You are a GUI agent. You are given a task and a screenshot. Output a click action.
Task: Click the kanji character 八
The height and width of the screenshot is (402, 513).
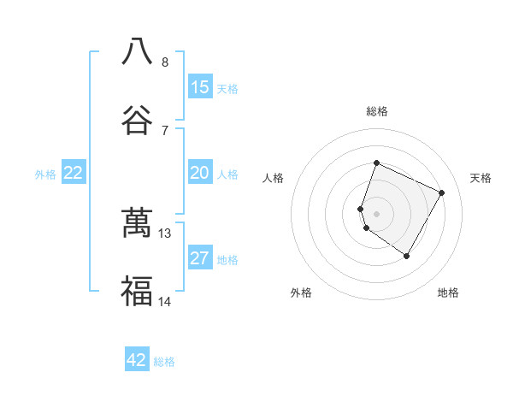click(x=137, y=51)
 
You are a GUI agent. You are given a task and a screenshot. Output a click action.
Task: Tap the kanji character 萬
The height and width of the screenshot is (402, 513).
click(x=137, y=223)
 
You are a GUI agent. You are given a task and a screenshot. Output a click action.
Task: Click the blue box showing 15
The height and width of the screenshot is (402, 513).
click(x=200, y=87)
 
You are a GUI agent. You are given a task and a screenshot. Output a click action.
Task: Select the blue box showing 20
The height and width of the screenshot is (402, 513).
click(x=200, y=174)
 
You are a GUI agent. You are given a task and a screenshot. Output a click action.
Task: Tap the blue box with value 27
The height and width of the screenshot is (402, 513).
click(x=200, y=259)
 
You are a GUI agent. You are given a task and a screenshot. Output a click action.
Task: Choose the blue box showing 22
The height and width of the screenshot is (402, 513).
click(x=74, y=174)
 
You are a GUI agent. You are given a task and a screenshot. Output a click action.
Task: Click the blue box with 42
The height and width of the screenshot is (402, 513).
click(x=137, y=360)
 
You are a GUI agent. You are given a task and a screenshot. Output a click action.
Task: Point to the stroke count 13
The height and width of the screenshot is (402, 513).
click(x=165, y=233)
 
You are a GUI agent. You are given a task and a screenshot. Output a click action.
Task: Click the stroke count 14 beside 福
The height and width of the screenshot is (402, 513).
click(x=165, y=301)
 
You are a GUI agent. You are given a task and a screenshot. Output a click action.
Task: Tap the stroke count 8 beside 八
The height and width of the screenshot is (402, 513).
click(x=165, y=62)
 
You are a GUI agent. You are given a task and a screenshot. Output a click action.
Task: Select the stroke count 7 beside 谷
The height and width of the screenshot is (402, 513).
click(x=165, y=130)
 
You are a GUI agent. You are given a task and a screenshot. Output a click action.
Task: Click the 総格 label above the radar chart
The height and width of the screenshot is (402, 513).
click(x=377, y=111)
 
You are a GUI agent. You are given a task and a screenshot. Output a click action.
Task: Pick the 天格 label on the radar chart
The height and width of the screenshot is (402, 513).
click(x=481, y=178)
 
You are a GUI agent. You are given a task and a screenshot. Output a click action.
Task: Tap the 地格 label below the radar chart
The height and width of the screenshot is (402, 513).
click(x=448, y=293)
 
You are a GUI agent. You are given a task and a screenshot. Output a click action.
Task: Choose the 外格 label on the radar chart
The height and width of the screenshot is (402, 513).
click(x=301, y=293)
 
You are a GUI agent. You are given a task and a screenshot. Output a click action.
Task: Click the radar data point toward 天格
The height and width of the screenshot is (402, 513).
click(x=442, y=192)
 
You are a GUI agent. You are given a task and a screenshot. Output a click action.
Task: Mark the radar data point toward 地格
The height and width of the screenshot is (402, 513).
click(x=407, y=257)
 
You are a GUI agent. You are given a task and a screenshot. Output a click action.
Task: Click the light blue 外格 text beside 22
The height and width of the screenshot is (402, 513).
click(x=45, y=174)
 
